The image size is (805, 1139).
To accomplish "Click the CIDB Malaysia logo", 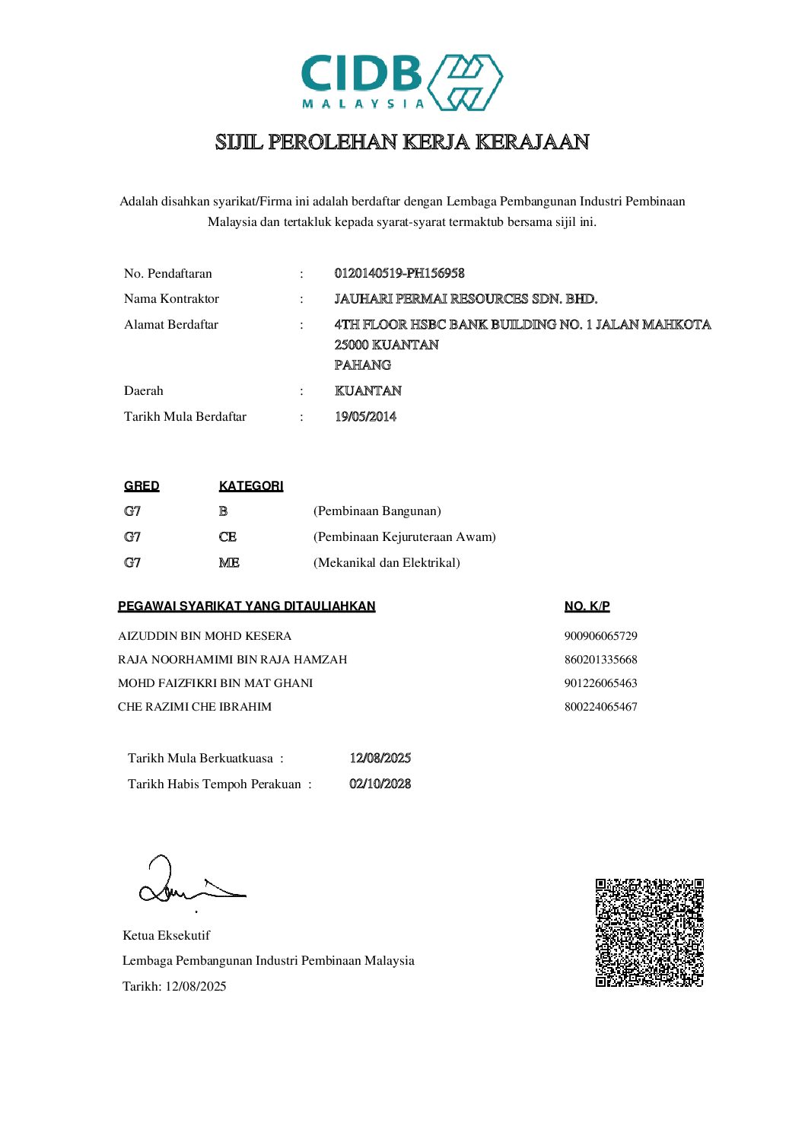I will tap(402, 82).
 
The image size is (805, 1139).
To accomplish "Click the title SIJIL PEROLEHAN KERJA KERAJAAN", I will tap(402, 142).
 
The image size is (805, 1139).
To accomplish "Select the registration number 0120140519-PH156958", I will tap(399, 273).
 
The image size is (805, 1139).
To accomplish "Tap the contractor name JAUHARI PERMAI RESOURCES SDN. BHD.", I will tap(466, 298).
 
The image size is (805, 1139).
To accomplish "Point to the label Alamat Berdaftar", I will tap(171, 324).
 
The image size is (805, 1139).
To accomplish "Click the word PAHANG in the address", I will tap(363, 364).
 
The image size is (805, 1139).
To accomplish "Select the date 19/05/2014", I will tap(365, 416).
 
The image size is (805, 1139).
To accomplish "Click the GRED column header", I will tap(142, 485).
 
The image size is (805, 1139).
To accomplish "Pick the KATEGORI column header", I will tap(251, 485).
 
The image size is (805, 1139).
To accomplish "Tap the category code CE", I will tap(228, 536).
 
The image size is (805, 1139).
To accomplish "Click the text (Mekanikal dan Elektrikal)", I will tap(387, 562).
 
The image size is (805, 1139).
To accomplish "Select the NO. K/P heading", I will tap(587, 606).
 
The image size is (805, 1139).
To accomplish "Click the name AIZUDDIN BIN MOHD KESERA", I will tap(205, 635).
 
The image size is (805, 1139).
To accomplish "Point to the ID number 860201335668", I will tap(600, 659).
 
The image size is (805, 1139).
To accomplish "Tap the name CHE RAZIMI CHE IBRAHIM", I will tap(195, 706).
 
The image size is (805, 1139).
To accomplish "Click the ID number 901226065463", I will tap(600, 682).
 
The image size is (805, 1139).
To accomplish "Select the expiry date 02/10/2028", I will tap(380, 784).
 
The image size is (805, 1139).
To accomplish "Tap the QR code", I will tap(649, 933).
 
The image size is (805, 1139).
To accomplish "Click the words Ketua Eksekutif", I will tap(166, 935).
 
